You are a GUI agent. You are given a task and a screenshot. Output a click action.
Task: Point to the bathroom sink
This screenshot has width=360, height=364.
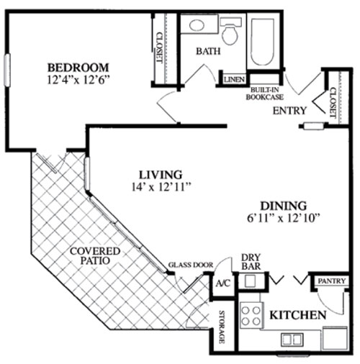[195, 25]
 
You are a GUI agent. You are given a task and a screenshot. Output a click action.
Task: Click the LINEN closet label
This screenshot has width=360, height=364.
[234, 79]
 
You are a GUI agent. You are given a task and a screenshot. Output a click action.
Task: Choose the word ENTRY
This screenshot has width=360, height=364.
[290, 111]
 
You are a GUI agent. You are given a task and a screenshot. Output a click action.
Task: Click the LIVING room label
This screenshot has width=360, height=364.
[161, 175]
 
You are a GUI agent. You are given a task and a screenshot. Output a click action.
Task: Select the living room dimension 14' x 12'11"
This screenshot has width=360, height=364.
[161, 187]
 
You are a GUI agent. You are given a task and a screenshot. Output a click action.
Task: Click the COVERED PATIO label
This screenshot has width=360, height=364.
[95, 255]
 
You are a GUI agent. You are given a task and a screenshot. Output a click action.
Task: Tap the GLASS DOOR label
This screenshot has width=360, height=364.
[191, 265]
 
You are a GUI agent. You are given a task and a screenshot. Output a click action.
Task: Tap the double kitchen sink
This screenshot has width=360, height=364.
[292, 339]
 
